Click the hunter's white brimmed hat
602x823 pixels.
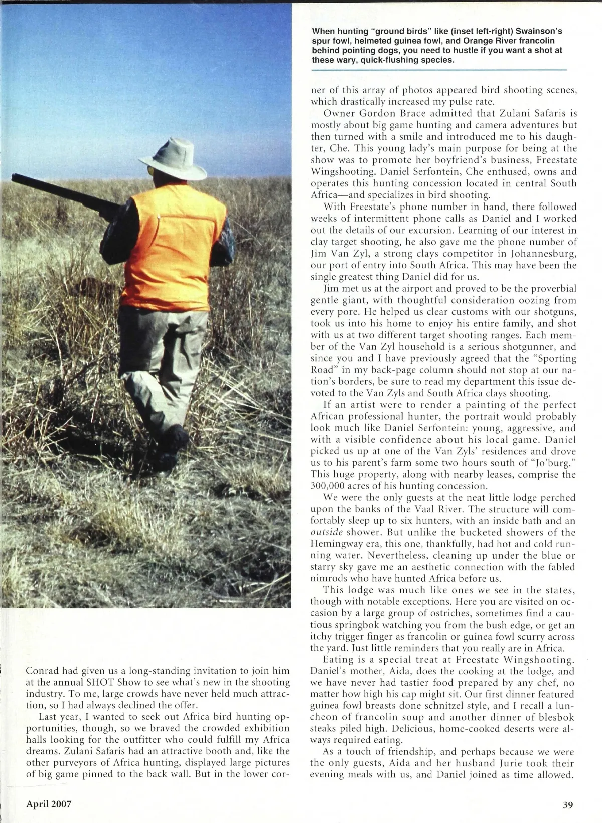[174, 157]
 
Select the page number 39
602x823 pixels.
[567, 805]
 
